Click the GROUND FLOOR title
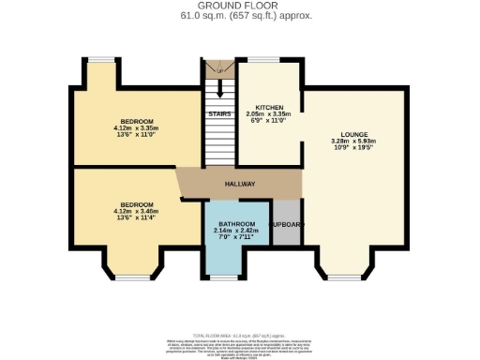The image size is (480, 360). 240,7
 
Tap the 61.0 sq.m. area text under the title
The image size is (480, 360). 240,16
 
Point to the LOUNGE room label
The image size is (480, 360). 354,134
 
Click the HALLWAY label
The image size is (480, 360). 240,184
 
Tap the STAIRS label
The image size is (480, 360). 219,113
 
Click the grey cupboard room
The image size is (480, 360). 287,226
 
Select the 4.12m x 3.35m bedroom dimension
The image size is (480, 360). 133,128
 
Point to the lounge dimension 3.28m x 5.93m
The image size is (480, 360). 354,142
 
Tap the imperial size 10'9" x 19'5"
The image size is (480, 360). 354,148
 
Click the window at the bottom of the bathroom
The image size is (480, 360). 224,277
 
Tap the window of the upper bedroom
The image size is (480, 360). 100,62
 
